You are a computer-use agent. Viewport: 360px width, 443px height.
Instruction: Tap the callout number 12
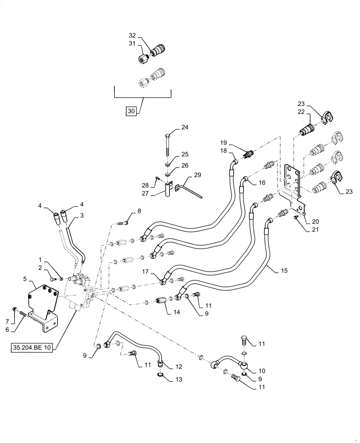[179, 366]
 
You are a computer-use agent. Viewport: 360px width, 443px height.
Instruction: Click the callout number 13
[179, 380]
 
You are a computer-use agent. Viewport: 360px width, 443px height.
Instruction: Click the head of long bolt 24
[168, 136]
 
